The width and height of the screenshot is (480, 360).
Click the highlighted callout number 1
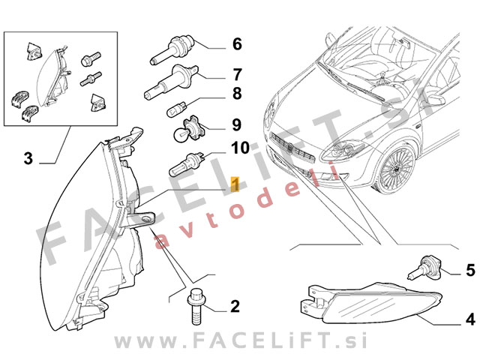235,184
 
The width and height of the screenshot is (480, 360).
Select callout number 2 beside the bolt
235,306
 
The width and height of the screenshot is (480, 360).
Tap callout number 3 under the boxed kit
28,158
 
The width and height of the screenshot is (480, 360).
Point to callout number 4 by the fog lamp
470,319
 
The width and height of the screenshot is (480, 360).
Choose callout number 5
470,270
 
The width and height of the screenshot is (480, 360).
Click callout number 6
237,44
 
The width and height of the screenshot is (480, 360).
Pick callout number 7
237,74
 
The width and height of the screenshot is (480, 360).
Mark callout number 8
237,93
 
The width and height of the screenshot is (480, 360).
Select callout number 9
237,125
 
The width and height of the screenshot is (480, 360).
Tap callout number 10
240,148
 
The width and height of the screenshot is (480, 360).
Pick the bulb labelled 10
187,163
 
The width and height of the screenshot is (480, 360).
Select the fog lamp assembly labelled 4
370,304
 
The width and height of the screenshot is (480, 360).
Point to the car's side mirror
435,100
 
